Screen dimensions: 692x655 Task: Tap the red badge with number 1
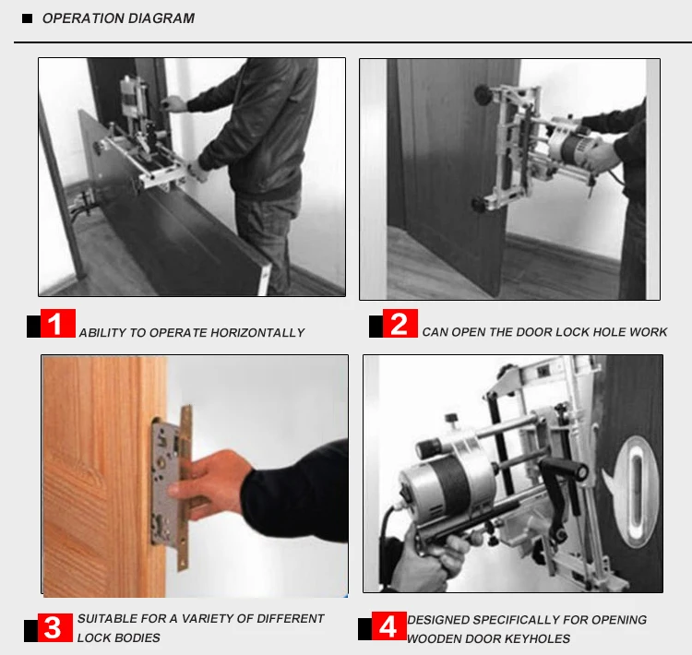tap(58, 324)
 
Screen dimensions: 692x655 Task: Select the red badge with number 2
tap(400, 324)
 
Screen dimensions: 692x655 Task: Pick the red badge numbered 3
tap(54, 627)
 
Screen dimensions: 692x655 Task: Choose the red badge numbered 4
tap(388, 625)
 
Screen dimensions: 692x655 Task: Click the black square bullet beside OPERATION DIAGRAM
tap(27, 18)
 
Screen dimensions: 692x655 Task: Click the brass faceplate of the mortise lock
tap(185, 488)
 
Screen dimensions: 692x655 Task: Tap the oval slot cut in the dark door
tap(636, 490)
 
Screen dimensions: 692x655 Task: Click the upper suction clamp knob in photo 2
tap(484, 93)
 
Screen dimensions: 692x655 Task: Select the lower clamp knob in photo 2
tap(480, 203)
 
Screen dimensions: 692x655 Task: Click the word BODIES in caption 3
tap(140, 638)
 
